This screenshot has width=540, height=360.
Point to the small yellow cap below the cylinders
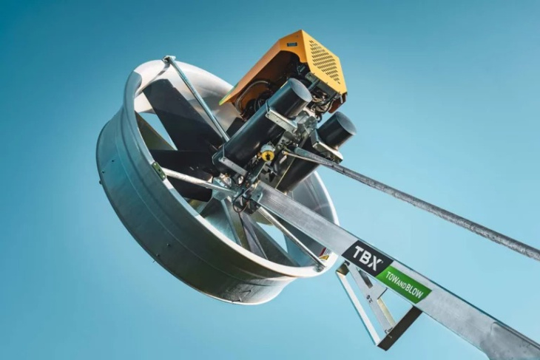point(266,154)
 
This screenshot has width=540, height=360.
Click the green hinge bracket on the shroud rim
point(159,171)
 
